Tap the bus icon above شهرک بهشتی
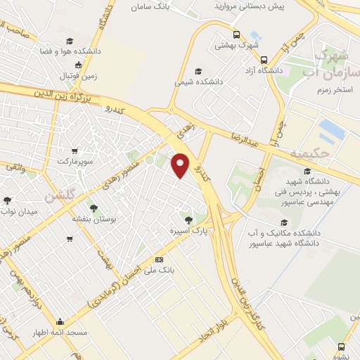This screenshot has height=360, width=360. point(238,35)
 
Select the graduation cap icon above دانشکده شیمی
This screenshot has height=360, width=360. point(198,71)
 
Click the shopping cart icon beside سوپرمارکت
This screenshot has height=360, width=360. point(75,150)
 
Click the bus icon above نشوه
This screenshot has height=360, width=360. point(341,347)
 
